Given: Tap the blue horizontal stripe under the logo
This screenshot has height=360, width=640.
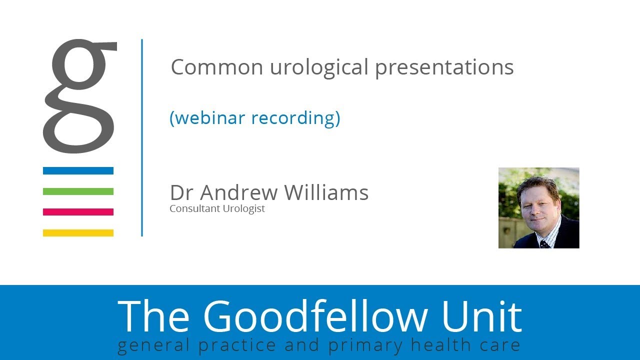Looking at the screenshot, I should [78, 170].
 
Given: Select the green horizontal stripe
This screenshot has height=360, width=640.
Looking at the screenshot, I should [78, 191].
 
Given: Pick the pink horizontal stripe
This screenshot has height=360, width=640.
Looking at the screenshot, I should [78, 212].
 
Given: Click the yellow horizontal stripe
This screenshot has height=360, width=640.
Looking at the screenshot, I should [78, 232].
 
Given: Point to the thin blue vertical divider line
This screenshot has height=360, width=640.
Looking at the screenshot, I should [142, 137].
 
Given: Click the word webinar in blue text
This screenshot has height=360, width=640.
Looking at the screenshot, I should [210, 118].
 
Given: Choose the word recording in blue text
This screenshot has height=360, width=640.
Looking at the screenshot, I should [295, 118].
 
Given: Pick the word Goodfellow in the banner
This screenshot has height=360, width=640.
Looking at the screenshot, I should [314, 316].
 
